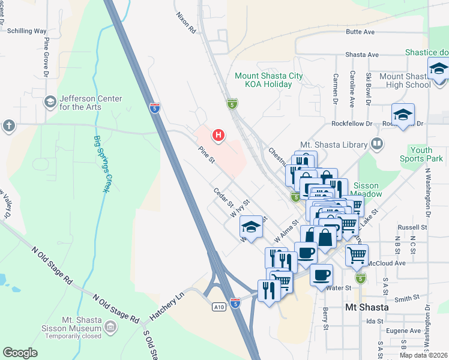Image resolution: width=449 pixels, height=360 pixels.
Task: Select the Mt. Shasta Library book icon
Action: coord(376,144)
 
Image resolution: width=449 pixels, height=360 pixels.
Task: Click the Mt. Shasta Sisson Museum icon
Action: coord(110,327)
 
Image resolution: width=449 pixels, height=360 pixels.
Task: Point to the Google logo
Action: coord(20,353)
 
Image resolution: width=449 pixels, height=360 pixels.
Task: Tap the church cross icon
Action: coord(8,125)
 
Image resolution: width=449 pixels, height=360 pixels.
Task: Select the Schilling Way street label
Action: coord(23,30)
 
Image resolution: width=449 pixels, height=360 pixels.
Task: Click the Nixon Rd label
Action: coord(185,23)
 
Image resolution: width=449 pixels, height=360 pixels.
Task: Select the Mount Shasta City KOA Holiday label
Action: coord(264,80)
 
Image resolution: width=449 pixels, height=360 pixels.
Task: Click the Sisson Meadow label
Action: coord(367,190)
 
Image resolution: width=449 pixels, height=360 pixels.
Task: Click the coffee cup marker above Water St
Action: coord(321,274)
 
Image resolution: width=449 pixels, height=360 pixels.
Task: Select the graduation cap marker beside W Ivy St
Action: coord(252,227)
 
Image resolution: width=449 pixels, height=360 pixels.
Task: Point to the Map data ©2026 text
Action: coord(423,355)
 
